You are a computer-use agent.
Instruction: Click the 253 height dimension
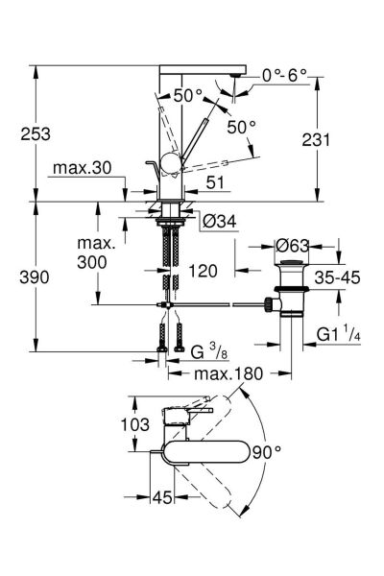pos(36,133)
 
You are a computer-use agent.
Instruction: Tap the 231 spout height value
pos(316,139)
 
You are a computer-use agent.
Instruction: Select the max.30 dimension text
pos(82,168)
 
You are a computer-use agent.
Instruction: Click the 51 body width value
pos(215,182)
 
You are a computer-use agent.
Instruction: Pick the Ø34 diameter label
pos(220,221)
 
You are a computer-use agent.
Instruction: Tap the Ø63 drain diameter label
pos(292,246)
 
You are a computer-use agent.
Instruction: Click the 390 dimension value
pos(35,277)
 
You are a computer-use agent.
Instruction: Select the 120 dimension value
pos(203,271)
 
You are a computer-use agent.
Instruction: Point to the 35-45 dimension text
pos(337,277)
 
